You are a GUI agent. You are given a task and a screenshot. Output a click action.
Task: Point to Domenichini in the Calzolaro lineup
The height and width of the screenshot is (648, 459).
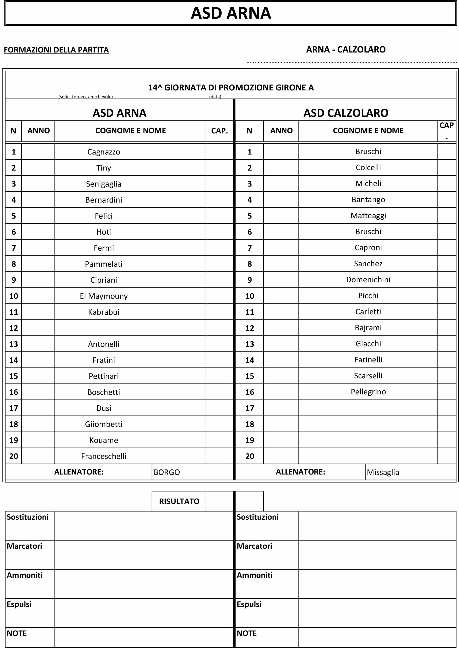(x=368, y=280)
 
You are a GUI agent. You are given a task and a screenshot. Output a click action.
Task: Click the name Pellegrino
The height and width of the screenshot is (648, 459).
(x=368, y=392)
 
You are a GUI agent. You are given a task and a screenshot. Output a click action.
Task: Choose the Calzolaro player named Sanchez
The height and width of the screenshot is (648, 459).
(x=368, y=264)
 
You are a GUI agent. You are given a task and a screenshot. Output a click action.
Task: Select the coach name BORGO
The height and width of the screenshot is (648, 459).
(x=167, y=472)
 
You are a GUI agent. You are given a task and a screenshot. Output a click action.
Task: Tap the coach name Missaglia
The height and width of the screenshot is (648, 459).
(x=383, y=472)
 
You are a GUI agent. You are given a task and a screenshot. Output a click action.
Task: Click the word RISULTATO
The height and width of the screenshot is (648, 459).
(x=179, y=501)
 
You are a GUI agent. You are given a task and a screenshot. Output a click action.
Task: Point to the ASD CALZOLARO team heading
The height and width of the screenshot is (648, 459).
(x=346, y=113)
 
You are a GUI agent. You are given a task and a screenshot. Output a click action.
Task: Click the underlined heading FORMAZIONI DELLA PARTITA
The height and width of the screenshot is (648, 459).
(x=56, y=50)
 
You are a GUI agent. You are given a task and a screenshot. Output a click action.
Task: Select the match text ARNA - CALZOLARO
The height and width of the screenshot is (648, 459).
(x=346, y=49)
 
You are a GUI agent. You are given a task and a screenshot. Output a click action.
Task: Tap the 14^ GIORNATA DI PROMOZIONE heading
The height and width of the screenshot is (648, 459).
(x=231, y=87)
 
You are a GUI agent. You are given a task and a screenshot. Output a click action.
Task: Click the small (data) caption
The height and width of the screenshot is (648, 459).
(x=215, y=97)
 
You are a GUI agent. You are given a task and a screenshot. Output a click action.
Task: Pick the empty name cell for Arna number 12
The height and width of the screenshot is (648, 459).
(x=130, y=328)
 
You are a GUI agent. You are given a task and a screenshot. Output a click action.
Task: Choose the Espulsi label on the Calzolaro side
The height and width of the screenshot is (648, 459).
(x=249, y=604)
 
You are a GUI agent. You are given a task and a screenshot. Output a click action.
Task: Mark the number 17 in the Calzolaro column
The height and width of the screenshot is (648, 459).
(x=250, y=408)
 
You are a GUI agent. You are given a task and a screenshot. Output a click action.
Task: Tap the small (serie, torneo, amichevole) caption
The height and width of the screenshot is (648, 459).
(x=86, y=97)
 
